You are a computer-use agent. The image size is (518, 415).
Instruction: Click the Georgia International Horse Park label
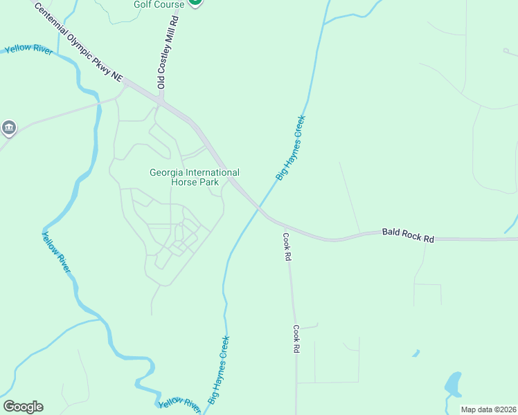(195, 177)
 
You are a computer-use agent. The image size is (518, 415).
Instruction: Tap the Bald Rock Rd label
(408, 235)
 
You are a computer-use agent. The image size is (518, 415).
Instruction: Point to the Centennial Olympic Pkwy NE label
(78, 43)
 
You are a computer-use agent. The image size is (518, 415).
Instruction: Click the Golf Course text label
(159, 5)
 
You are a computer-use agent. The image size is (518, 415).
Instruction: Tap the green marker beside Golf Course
(195, 2)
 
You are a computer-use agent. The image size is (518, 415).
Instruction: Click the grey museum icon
(9, 127)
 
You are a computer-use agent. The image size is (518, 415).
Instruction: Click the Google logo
(23, 406)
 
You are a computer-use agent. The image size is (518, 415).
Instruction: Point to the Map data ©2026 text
(488, 409)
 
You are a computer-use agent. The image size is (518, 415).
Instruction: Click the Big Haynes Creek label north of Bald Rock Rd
(290, 148)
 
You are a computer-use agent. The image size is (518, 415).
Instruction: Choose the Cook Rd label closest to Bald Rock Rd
(286, 246)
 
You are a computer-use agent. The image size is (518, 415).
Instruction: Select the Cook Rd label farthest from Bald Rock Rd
(296, 339)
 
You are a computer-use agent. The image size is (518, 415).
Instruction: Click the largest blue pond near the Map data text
(452, 384)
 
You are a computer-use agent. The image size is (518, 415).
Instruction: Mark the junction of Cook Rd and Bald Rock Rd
(284, 225)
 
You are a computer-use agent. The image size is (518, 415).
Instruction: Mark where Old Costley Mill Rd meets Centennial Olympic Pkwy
(161, 101)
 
